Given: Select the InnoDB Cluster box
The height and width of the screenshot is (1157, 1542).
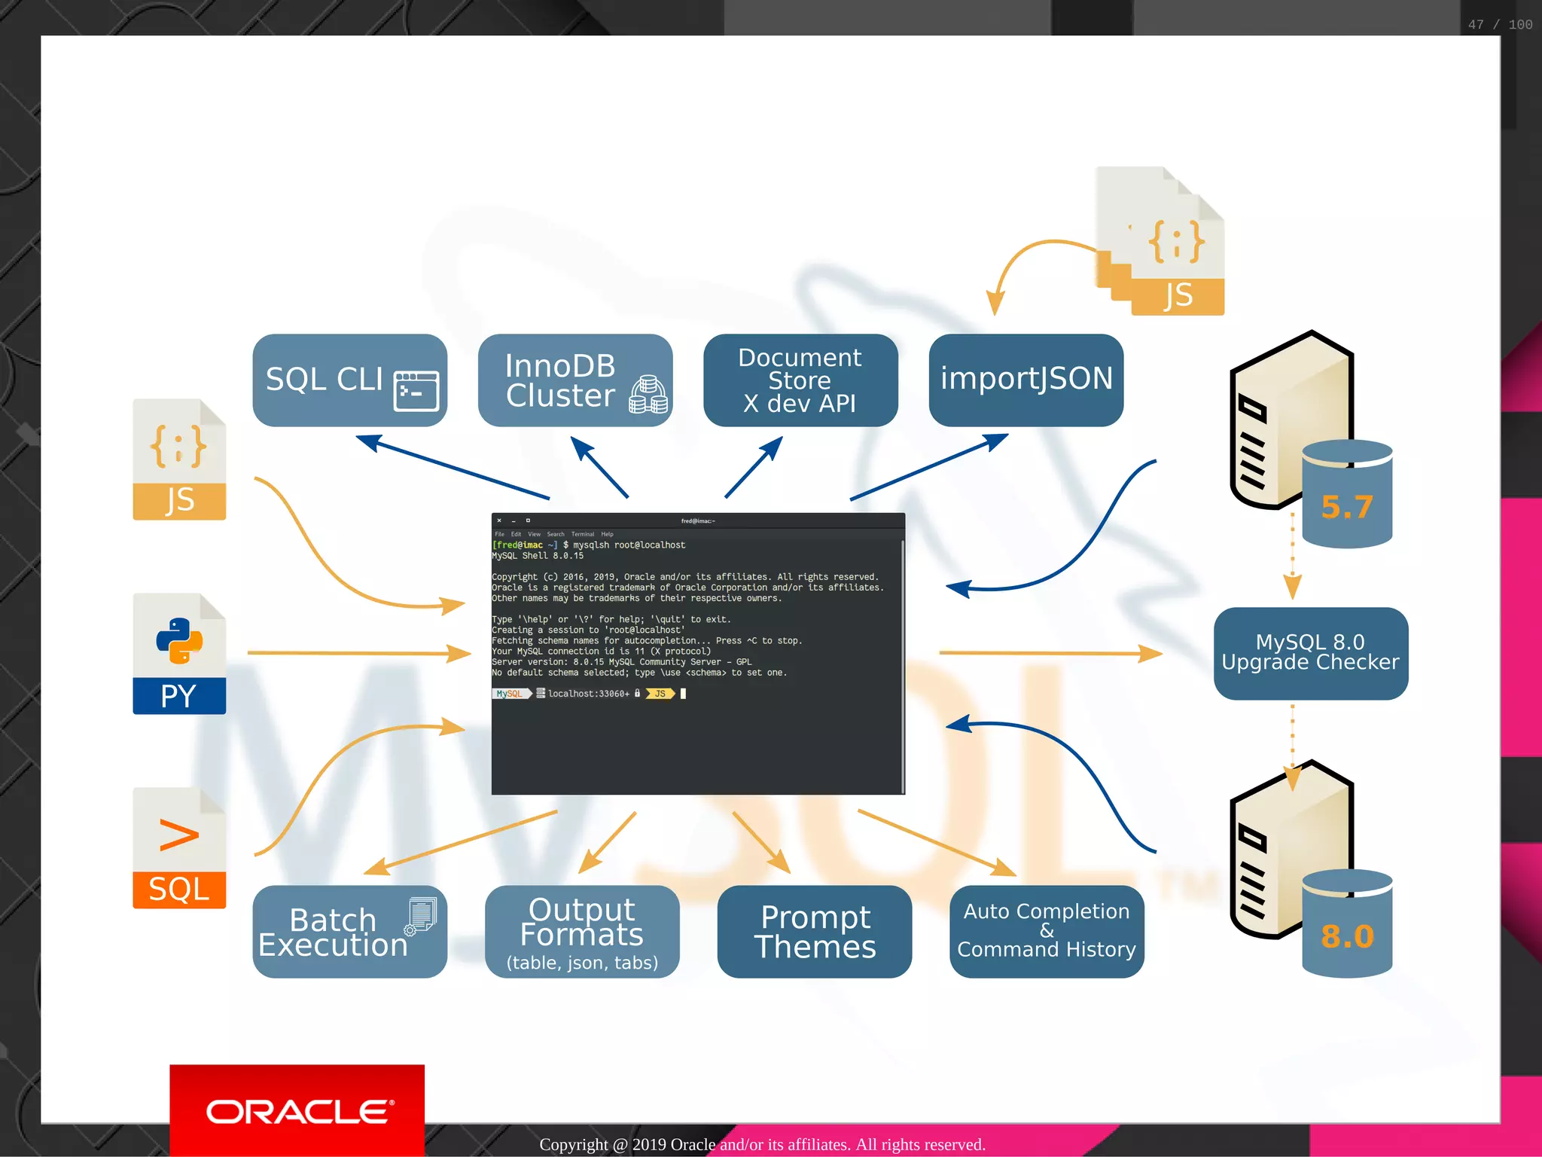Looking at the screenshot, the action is [x=574, y=380].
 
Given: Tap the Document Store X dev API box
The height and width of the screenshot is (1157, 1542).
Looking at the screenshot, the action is [x=800, y=380].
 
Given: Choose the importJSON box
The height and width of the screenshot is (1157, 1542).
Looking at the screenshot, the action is [x=1025, y=380].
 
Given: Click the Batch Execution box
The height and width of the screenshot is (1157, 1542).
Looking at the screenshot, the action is [x=349, y=932].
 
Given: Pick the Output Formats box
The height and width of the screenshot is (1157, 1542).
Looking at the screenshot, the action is [x=581, y=932].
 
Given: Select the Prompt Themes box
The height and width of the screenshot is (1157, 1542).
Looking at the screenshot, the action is [x=814, y=932].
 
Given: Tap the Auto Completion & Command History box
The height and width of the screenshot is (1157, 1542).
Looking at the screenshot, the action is [x=1046, y=932].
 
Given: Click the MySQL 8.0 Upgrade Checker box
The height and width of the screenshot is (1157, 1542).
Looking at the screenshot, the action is [x=1310, y=653].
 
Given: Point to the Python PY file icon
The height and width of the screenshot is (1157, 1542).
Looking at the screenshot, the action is [x=179, y=653].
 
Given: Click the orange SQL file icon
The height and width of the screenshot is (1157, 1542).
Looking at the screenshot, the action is [x=179, y=848].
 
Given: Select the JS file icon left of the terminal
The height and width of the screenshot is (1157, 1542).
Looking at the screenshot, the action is [x=179, y=459].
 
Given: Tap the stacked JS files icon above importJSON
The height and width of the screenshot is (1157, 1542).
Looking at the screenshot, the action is [x=1164, y=241].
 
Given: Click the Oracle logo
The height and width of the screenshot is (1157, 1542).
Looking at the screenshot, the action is [x=297, y=1112].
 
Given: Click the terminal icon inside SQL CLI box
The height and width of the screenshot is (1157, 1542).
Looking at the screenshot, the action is [x=416, y=391].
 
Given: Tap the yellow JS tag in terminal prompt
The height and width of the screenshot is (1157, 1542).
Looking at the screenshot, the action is [x=660, y=694].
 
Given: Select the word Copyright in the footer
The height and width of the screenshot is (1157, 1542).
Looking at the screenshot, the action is [x=573, y=1145].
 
